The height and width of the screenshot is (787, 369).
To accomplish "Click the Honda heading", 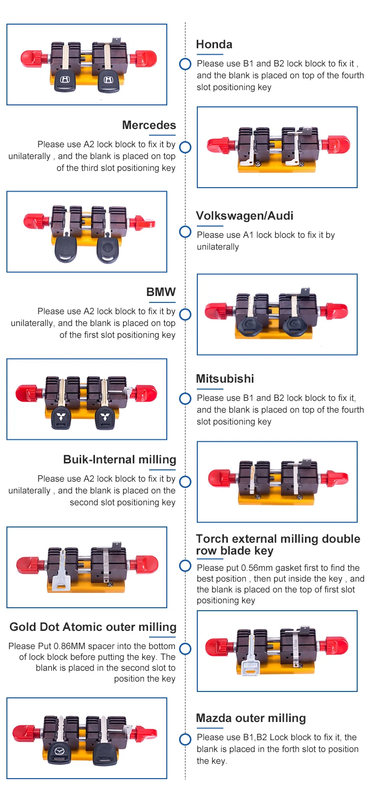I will coord(214,44).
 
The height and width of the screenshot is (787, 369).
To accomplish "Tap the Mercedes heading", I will coord(149,125).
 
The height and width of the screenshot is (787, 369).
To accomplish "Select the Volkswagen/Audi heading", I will coord(245,216).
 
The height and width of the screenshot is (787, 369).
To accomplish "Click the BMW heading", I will coord(160,292).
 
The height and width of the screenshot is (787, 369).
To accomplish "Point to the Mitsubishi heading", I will coord(225,379).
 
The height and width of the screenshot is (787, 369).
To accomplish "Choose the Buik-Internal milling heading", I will coord(120,459).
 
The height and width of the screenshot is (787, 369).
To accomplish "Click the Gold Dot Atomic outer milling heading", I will coord(93,627).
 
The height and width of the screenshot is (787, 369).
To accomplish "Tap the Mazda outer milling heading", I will coord(251,718).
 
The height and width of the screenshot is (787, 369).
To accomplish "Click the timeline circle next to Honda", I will coord(185,64).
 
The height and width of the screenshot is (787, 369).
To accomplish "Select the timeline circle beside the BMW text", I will coord(185,314).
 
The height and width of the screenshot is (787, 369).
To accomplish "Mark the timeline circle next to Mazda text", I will coord(185,739).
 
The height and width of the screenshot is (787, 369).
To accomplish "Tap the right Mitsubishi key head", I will coord(105,419).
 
